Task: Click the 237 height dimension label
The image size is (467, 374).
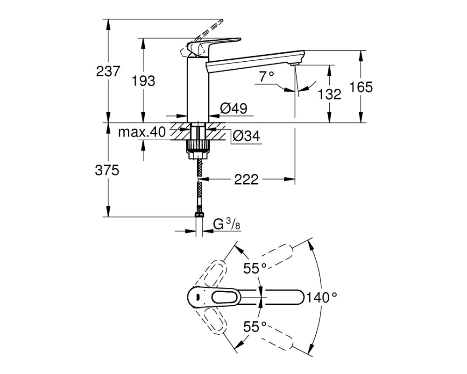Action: tap(108, 71)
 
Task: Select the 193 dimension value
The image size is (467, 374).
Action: tap(143, 81)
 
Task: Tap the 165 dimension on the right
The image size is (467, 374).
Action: tap(361, 87)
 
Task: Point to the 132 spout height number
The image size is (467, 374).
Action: tap(329, 94)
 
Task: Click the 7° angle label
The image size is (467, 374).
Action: tap(266, 77)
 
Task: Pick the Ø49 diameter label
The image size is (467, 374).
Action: tap(234, 108)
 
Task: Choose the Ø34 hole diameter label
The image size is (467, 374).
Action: tap(246, 136)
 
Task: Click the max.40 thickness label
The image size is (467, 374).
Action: tap(142, 131)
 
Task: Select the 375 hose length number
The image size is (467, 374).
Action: tap(107, 170)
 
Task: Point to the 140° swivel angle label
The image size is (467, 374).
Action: tap(321, 297)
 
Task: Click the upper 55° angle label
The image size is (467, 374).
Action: tap(255, 268)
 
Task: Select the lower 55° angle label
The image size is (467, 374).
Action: tap(255, 327)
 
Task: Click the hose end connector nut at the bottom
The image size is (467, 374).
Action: tap(199, 214)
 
